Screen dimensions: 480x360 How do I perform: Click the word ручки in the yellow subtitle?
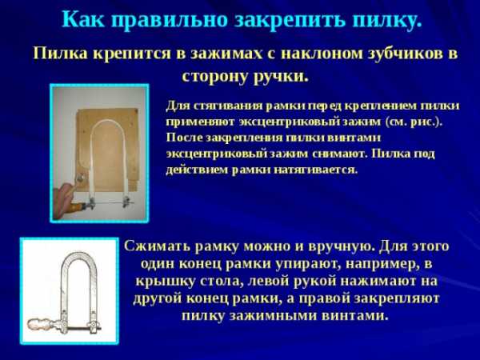tap(281, 77)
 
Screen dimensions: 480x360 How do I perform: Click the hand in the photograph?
tap(64, 198)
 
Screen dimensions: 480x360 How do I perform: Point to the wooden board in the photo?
tap(107, 150)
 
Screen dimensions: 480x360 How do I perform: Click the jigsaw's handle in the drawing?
tap(42, 323)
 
